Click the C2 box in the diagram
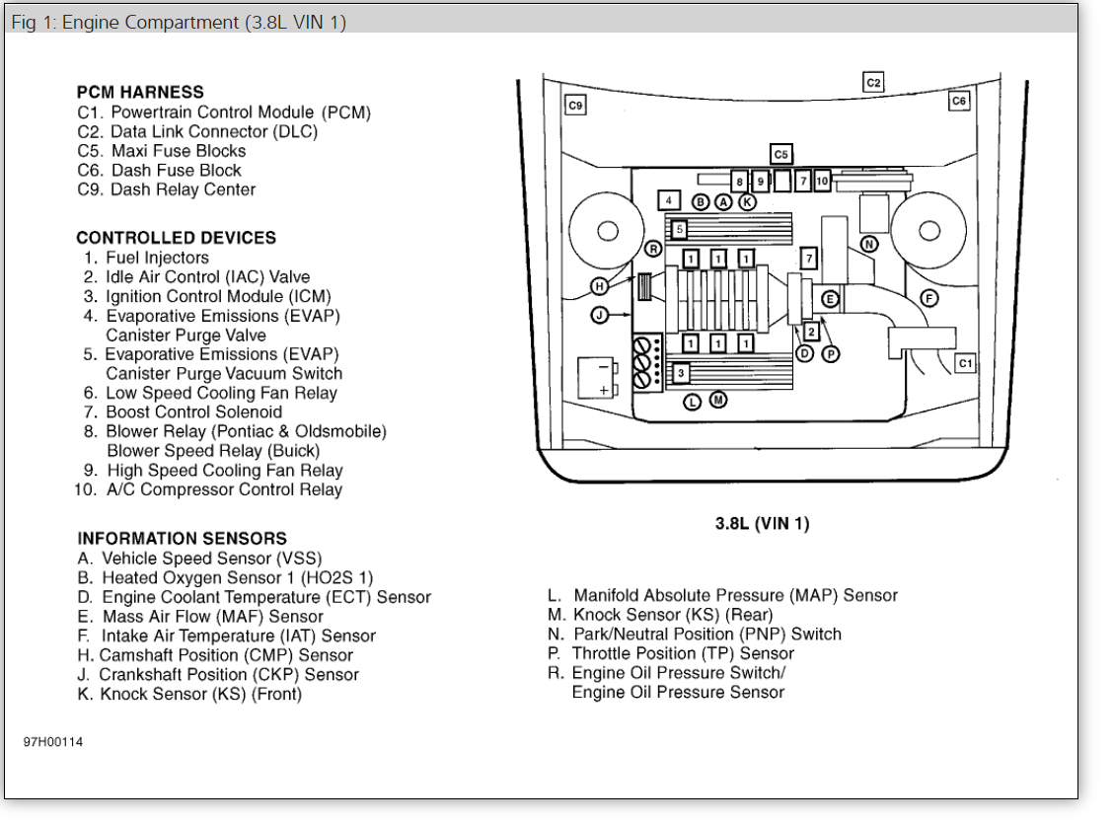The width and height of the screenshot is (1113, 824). (873, 82)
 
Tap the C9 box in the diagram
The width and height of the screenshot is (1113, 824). (575, 105)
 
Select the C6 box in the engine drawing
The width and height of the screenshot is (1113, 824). (959, 101)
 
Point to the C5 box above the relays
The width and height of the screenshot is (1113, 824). (781, 154)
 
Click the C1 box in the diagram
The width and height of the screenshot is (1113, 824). (965, 363)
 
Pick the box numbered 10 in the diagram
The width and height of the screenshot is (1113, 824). (822, 181)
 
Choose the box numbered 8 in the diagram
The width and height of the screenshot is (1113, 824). (739, 181)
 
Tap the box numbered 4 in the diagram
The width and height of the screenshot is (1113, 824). (669, 200)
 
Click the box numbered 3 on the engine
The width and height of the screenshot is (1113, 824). (680, 374)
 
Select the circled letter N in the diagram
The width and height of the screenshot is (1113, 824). (868, 244)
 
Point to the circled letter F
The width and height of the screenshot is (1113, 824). (928, 297)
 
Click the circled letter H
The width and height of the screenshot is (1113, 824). (599, 286)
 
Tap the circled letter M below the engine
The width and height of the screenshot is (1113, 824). (718, 400)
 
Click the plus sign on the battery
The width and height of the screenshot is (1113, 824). (604, 390)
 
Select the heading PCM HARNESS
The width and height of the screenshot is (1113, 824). (140, 92)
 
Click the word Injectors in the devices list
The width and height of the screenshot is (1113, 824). (172, 258)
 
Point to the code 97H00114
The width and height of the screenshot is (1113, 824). (53, 742)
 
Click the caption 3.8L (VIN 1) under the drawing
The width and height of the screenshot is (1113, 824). (762, 523)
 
